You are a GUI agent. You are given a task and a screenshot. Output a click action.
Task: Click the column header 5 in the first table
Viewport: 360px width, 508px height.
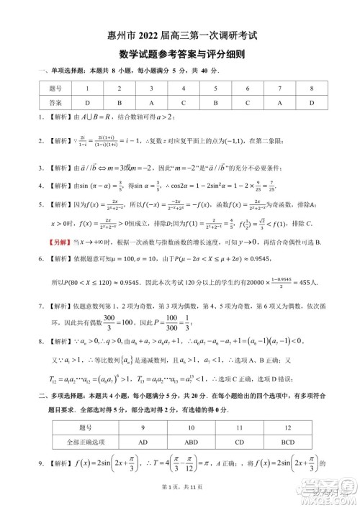215,89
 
